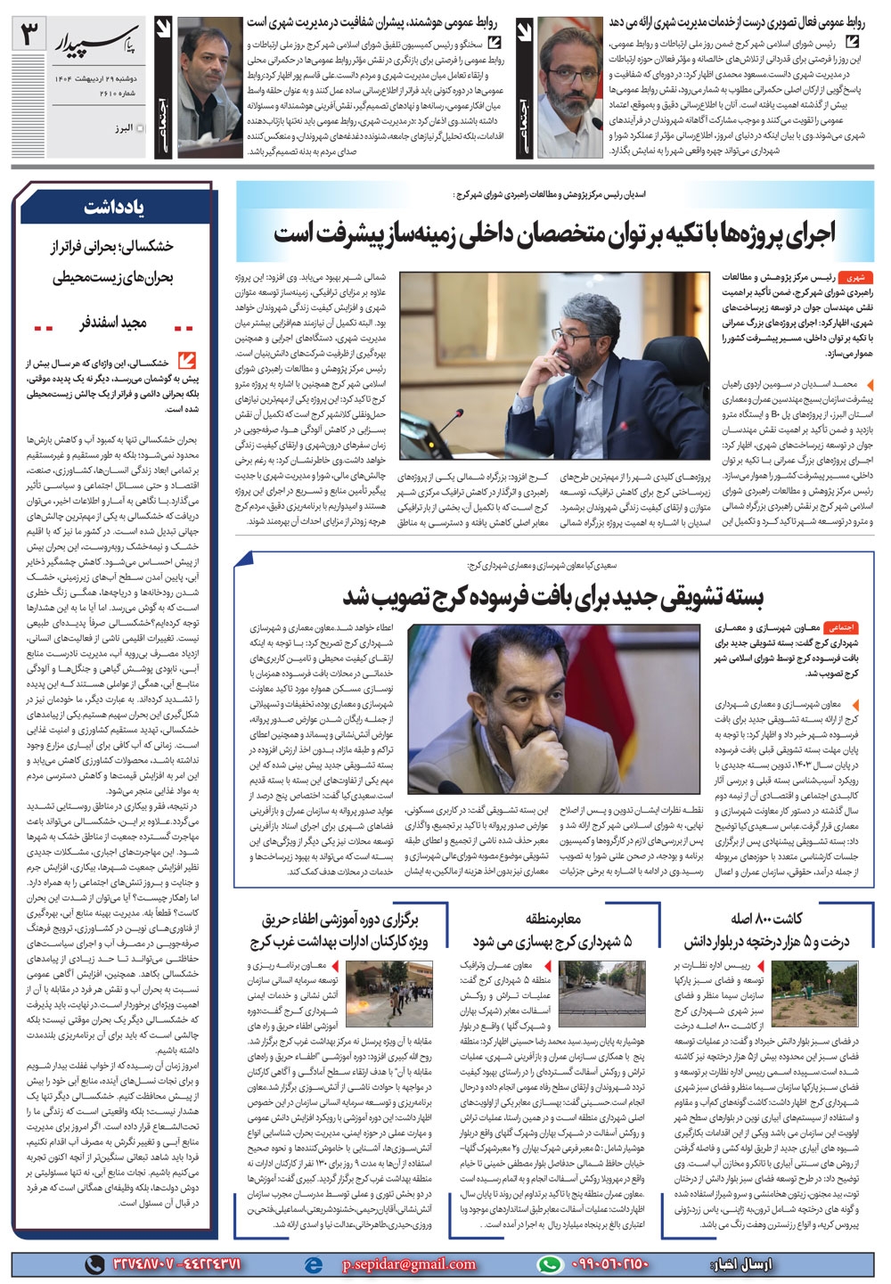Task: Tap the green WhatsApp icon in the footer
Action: pos(552,1264)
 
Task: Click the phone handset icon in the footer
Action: pos(94,1264)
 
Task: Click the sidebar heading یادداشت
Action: pos(115,208)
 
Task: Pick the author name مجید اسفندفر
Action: pos(114,323)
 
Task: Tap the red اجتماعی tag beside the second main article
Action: pos(840,627)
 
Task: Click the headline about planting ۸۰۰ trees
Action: pos(767,929)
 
